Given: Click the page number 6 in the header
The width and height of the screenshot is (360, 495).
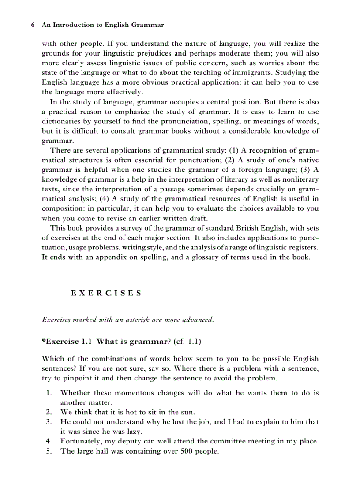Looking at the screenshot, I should tap(33, 25).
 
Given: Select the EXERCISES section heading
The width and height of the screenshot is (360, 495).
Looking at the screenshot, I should tap(106, 293).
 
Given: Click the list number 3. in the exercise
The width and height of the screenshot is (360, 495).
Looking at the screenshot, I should tap(49, 422).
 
